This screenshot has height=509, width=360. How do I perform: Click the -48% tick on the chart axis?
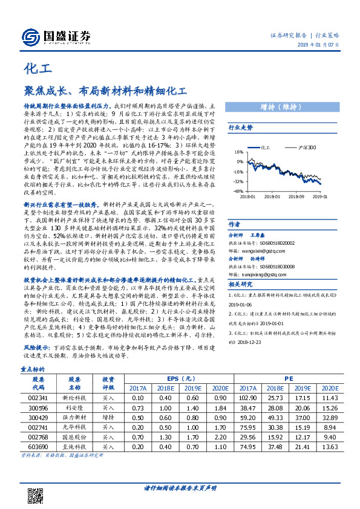(x=237, y=191)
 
